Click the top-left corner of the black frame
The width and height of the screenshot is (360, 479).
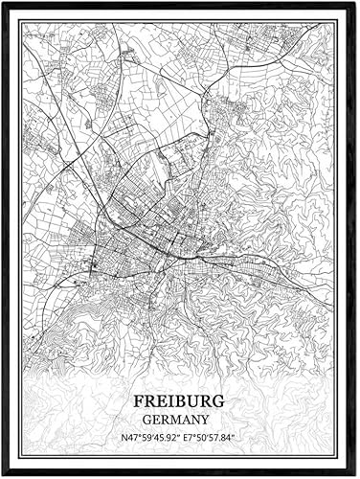click(x=3, y=3)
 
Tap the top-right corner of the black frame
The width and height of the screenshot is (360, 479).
click(x=356, y=3)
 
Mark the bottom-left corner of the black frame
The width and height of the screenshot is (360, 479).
click(x=3, y=475)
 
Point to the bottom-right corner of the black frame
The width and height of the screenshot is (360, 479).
click(x=356, y=475)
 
